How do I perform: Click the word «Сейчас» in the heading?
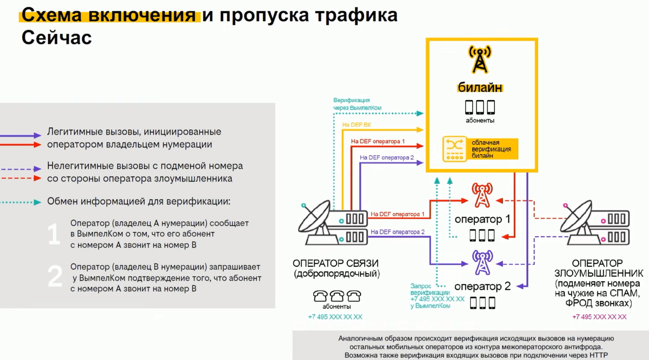(x=57, y=38)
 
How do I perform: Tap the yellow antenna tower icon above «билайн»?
(x=480, y=59)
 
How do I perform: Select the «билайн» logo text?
(x=480, y=87)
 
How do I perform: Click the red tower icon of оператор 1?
(x=482, y=195)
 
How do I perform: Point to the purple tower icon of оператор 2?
(x=482, y=262)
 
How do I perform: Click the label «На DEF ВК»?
(x=356, y=125)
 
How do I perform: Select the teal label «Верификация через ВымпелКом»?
(x=357, y=104)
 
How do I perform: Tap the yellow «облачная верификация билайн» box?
(x=480, y=149)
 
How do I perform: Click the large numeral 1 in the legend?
(x=54, y=234)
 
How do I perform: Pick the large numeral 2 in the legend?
(x=55, y=276)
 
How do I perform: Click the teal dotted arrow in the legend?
(x=20, y=202)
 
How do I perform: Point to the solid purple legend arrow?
(x=20, y=135)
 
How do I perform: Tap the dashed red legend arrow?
(x=20, y=178)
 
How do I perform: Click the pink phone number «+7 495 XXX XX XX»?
(x=599, y=317)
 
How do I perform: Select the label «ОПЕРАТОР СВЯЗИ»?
(x=336, y=263)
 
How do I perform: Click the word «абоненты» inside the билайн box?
(x=480, y=120)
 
